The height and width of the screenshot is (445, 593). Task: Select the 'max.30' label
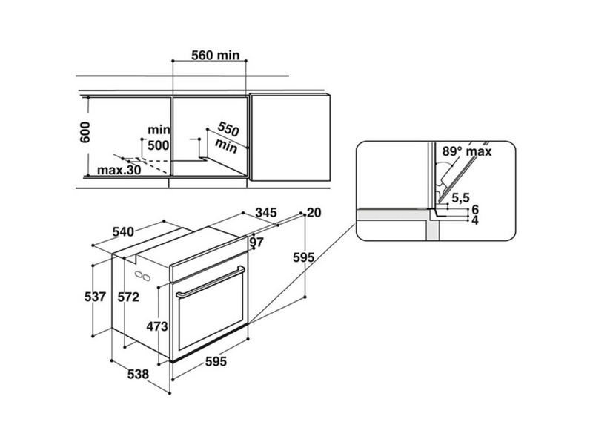point(119,171)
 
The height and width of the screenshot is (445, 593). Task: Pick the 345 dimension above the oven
point(267,214)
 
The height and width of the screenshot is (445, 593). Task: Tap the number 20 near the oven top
point(314,213)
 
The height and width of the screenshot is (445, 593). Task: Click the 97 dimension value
point(256,243)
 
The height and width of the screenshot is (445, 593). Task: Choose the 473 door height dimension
point(157,326)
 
